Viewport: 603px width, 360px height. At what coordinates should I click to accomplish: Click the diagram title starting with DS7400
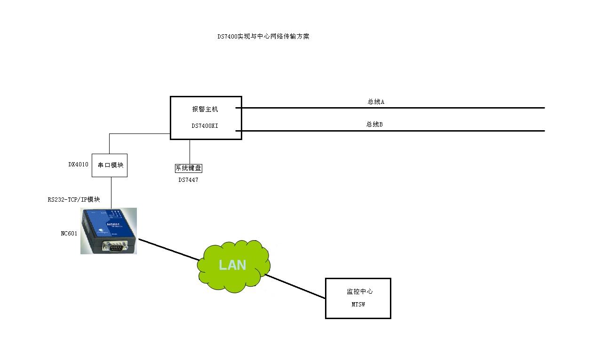tap(263, 37)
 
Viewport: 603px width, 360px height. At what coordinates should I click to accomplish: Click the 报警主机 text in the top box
tap(205, 109)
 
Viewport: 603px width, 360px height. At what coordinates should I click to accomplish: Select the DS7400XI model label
tap(205, 126)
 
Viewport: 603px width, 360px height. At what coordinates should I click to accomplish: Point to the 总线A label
tap(376, 102)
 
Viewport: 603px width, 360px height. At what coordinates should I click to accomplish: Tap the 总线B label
tap(374, 125)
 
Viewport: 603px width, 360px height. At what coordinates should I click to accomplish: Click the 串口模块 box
tap(110, 165)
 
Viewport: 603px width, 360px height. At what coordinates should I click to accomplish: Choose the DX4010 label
tap(78, 164)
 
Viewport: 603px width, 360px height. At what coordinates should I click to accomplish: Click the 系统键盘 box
tap(189, 168)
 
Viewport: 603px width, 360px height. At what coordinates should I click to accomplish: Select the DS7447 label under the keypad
tap(188, 180)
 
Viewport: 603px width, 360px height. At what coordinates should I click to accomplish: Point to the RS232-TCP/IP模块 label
tap(74, 199)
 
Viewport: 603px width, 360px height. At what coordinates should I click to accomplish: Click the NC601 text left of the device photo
tap(69, 234)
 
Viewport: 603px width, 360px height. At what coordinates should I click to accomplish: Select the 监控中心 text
tap(360, 291)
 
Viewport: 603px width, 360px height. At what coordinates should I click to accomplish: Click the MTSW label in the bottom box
tap(358, 305)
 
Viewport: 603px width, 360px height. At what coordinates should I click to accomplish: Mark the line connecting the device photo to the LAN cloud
tap(168, 249)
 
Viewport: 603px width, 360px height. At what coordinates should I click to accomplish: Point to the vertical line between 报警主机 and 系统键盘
tap(190, 151)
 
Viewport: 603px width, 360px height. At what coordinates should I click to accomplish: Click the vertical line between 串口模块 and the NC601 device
tap(111, 192)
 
